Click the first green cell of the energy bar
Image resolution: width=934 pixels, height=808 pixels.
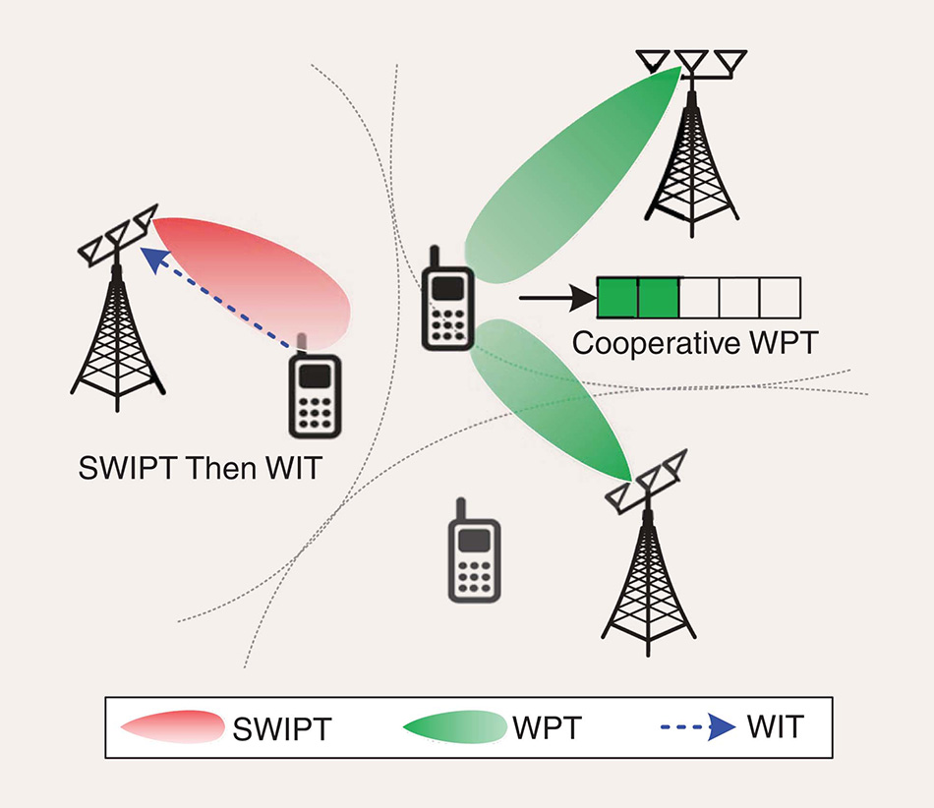point(618,298)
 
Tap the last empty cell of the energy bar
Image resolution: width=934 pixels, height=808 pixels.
point(781,298)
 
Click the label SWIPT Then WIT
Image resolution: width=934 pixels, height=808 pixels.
point(200,468)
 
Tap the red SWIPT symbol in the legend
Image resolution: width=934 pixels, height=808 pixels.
point(172,727)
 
